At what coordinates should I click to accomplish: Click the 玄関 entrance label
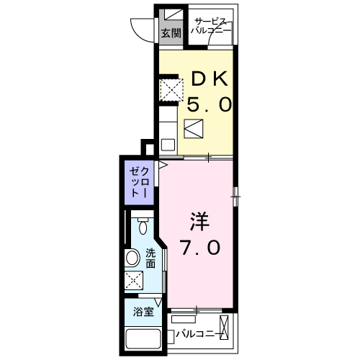pyautogui.click(x=170, y=33)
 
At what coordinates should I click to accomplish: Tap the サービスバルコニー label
pyautogui.click(x=211, y=27)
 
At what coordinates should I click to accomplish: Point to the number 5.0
pyautogui.click(x=210, y=105)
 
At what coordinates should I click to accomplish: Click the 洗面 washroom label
pyautogui.click(x=150, y=258)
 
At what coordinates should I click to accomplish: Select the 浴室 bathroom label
pyautogui.click(x=143, y=312)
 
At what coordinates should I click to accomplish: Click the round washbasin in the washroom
pyautogui.click(x=133, y=258)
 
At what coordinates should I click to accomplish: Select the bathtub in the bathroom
pyautogui.click(x=143, y=339)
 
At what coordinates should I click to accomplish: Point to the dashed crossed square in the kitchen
pyautogui.click(x=170, y=89)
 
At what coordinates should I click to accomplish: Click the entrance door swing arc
pyautogui.click(x=142, y=29)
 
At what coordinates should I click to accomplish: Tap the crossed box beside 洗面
pyautogui.click(x=133, y=282)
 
